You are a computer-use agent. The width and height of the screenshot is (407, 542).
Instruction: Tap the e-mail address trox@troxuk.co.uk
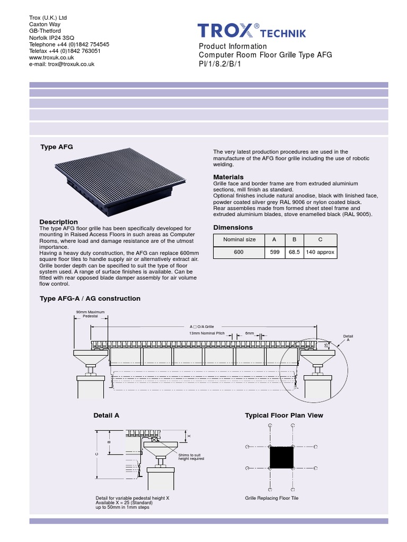click(x=61, y=64)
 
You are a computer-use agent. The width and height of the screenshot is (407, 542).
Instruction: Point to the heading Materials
click(x=228, y=177)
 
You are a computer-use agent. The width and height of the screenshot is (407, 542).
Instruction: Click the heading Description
click(x=59, y=222)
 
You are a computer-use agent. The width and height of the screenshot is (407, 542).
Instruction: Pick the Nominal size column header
click(x=239, y=239)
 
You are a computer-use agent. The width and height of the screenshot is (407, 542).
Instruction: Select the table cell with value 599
click(x=275, y=252)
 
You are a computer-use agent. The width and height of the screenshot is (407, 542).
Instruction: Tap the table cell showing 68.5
click(x=294, y=252)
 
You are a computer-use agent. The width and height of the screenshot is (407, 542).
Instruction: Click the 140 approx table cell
click(x=320, y=252)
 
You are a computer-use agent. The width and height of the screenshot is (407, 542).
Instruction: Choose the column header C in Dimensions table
click(x=320, y=239)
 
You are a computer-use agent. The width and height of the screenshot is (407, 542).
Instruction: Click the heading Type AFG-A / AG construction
click(x=90, y=299)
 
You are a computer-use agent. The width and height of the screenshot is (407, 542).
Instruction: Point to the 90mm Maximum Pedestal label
click(x=90, y=314)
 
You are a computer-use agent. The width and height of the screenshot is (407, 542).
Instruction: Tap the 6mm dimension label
click(x=249, y=333)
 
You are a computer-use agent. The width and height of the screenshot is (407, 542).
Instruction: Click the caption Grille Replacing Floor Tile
click(x=271, y=498)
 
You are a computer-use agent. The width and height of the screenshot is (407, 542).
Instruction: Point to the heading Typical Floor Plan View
click(x=284, y=415)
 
